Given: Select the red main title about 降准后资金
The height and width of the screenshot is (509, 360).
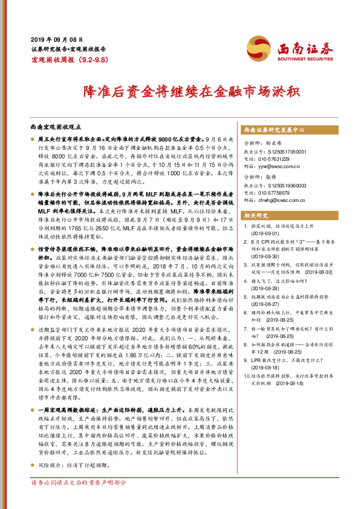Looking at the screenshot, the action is [x=180, y=93].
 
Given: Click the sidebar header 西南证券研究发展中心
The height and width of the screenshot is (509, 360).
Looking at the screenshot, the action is [x=273, y=129].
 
